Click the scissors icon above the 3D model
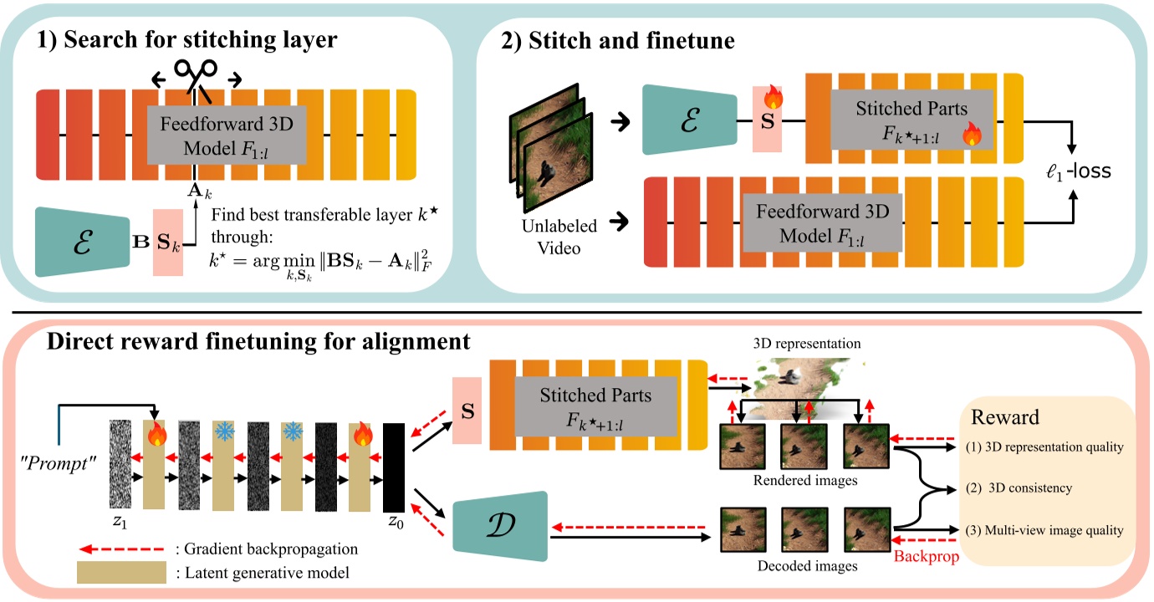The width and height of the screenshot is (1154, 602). coord(197,75)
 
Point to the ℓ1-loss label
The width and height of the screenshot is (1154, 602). coord(1079,171)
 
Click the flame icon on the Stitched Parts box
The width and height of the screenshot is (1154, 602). coord(972,135)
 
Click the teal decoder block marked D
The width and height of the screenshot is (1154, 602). coord(498,528)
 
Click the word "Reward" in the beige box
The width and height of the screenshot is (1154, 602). coord(1005,416)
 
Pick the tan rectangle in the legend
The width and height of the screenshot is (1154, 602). coord(121,573)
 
